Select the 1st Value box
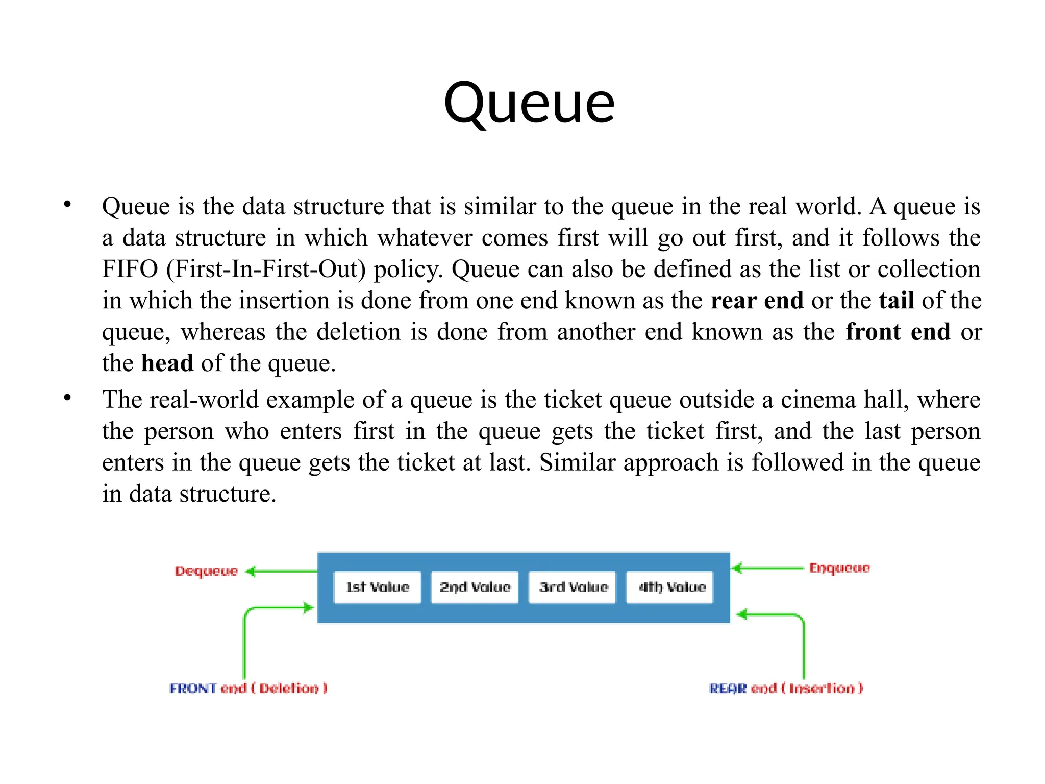(377, 587)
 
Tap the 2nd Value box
(475, 587)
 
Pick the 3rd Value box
(573, 587)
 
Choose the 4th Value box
(670, 587)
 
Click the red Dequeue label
(206, 571)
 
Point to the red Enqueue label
(839, 568)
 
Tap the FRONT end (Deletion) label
(248, 688)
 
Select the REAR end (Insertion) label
(786, 688)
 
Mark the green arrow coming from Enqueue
(767, 568)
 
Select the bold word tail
(896, 301)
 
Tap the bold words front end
(898, 332)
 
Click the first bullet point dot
(67, 205)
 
